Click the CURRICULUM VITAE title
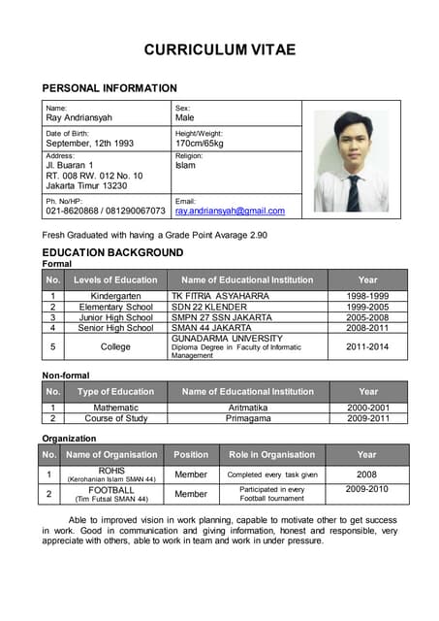pyautogui.click(x=219, y=49)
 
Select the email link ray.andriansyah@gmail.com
pyautogui.click(x=230, y=211)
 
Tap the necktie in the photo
pyautogui.click(x=354, y=191)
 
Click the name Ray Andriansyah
pyautogui.click(x=79, y=117)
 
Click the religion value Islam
pyautogui.click(x=185, y=166)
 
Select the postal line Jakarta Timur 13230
pyautogui.click(x=86, y=185)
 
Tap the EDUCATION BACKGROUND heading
pyautogui.click(x=112, y=252)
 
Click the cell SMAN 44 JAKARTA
pyautogui.click(x=211, y=328)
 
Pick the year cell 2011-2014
pyautogui.click(x=367, y=346)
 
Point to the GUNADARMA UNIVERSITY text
pyautogui.click(x=227, y=338)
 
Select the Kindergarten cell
pyautogui.click(x=115, y=296)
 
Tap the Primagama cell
pyautogui.click(x=248, y=419)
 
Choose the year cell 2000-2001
pyautogui.click(x=368, y=409)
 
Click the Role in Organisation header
pyautogui.click(x=271, y=454)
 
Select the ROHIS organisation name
pyautogui.click(x=111, y=471)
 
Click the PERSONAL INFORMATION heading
pyautogui.click(x=110, y=88)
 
